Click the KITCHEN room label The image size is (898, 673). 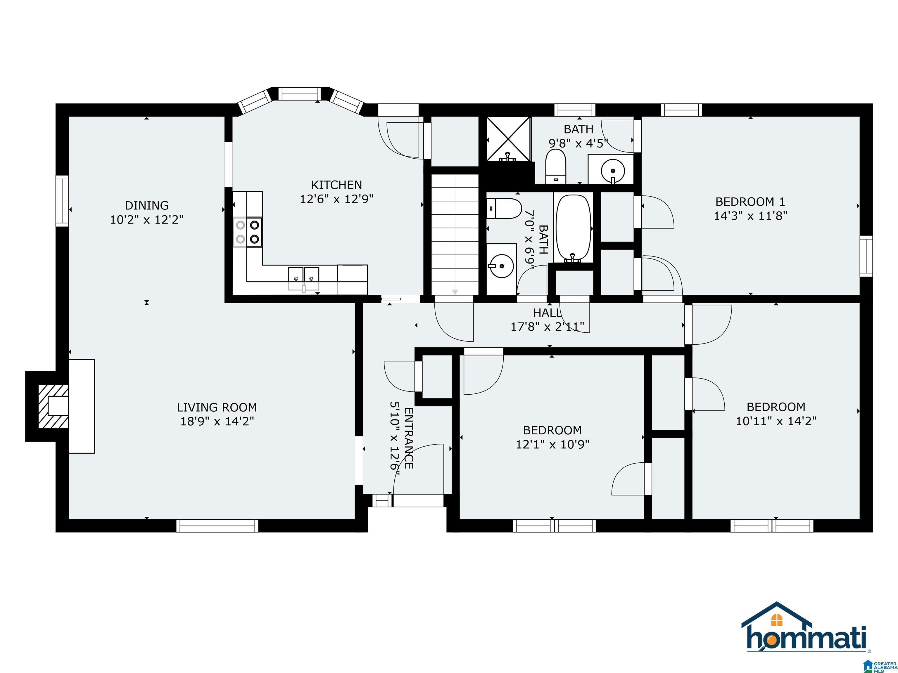coord(336,185)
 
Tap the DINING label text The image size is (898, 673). coord(146,205)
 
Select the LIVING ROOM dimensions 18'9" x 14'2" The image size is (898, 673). coord(217,421)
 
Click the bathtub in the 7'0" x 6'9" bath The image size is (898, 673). coord(573,228)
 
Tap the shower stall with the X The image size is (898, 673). coord(508,139)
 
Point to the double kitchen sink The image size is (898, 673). coord(304,275)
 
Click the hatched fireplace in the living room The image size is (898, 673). coord(53,406)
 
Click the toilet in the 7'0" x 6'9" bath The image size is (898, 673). coord(504,209)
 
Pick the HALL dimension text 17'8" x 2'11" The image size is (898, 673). coord(547,327)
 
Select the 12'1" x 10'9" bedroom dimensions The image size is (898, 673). coord(552,445)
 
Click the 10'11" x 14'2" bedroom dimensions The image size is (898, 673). coord(776,421)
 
